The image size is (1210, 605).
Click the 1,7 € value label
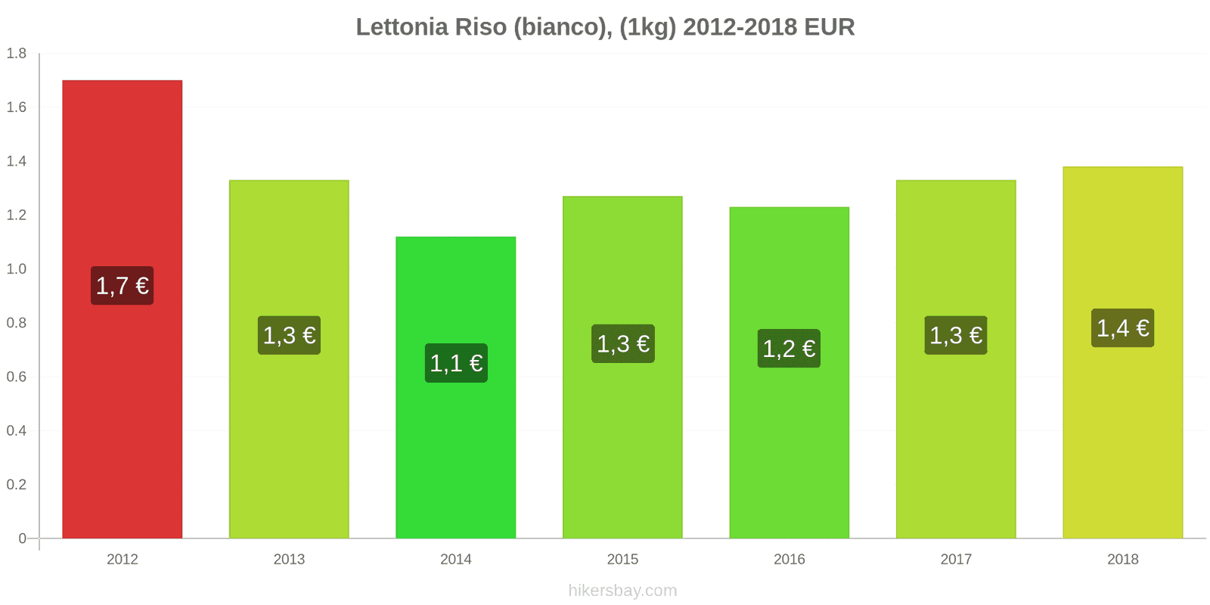pyautogui.click(x=122, y=286)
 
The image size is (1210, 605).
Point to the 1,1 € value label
pyautogui.click(x=455, y=363)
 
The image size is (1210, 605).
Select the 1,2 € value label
pyautogui.click(x=789, y=349)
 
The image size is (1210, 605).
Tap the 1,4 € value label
pyautogui.click(x=1122, y=328)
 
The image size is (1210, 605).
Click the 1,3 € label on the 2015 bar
pyautogui.click(x=622, y=344)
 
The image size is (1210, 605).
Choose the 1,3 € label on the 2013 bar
pyautogui.click(x=289, y=335)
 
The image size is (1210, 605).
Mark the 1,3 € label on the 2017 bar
pyautogui.click(x=955, y=335)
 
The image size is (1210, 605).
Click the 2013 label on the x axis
pyautogui.click(x=289, y=560)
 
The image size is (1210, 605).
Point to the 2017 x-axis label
pyautogui.click(x=956, y=560)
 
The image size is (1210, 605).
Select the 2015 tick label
pyautogui.click(x=622, y=560)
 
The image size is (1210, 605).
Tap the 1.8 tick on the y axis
pyautogui.click(x=17, y=54)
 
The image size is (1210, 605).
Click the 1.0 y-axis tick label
pyautogui.click(x=17, y=269)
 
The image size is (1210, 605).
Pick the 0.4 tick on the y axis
pyautogui.click(x=17, y=431)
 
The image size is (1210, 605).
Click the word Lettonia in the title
pyautogui.click(x=402, y=27)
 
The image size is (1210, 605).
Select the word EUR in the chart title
pyautogui.click(x=829, y=27)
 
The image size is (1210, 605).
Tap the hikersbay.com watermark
pyautogui.click(x=622, y=591)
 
